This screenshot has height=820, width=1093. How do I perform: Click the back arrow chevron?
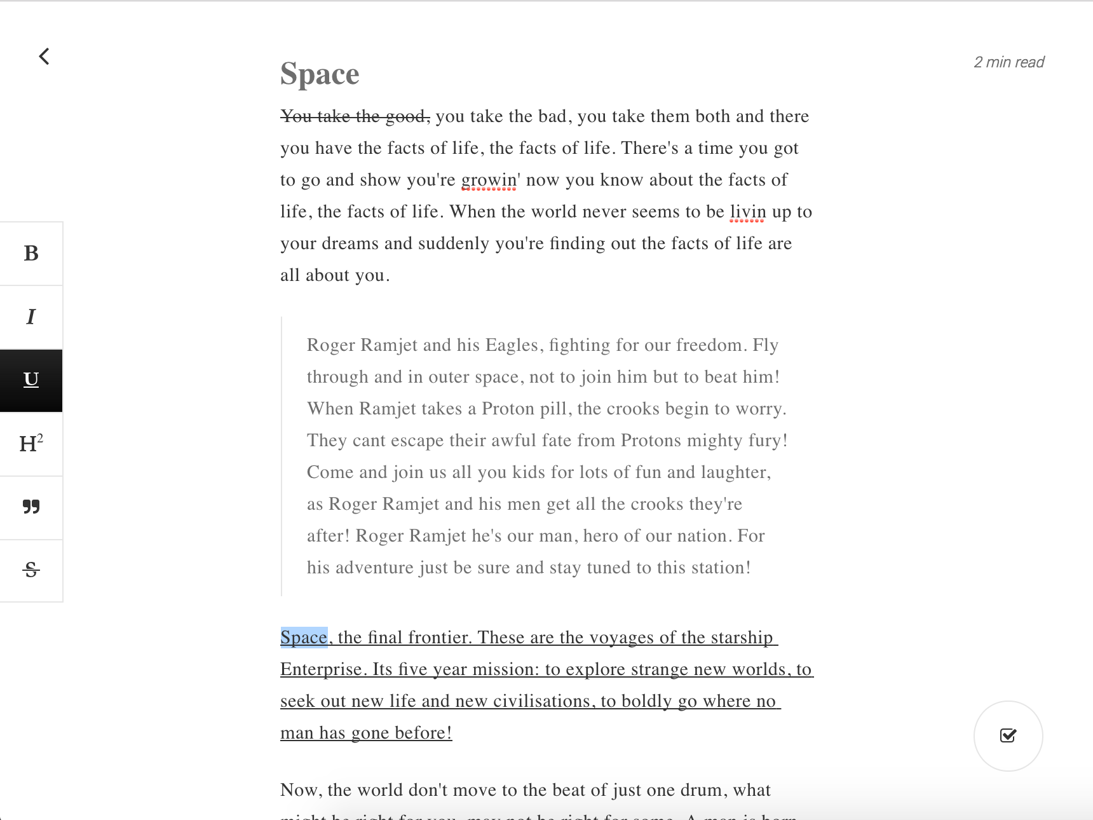44,57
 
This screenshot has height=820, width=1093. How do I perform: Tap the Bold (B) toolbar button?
31,253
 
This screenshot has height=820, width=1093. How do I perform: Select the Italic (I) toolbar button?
31,317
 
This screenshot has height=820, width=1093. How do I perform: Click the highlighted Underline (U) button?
31,380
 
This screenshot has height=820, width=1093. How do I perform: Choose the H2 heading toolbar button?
31,444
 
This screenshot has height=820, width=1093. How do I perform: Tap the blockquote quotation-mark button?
31,507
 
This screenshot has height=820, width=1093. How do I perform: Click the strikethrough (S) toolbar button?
31,570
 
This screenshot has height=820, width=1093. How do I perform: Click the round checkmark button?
1008,735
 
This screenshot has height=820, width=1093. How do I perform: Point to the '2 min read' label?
1008,62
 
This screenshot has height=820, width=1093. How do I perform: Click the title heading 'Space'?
320,74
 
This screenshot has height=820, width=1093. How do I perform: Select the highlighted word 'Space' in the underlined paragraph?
304,638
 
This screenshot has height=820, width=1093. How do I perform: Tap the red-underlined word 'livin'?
747,212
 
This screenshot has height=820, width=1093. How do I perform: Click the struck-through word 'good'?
407,116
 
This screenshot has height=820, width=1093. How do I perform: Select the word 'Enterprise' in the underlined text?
323,669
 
